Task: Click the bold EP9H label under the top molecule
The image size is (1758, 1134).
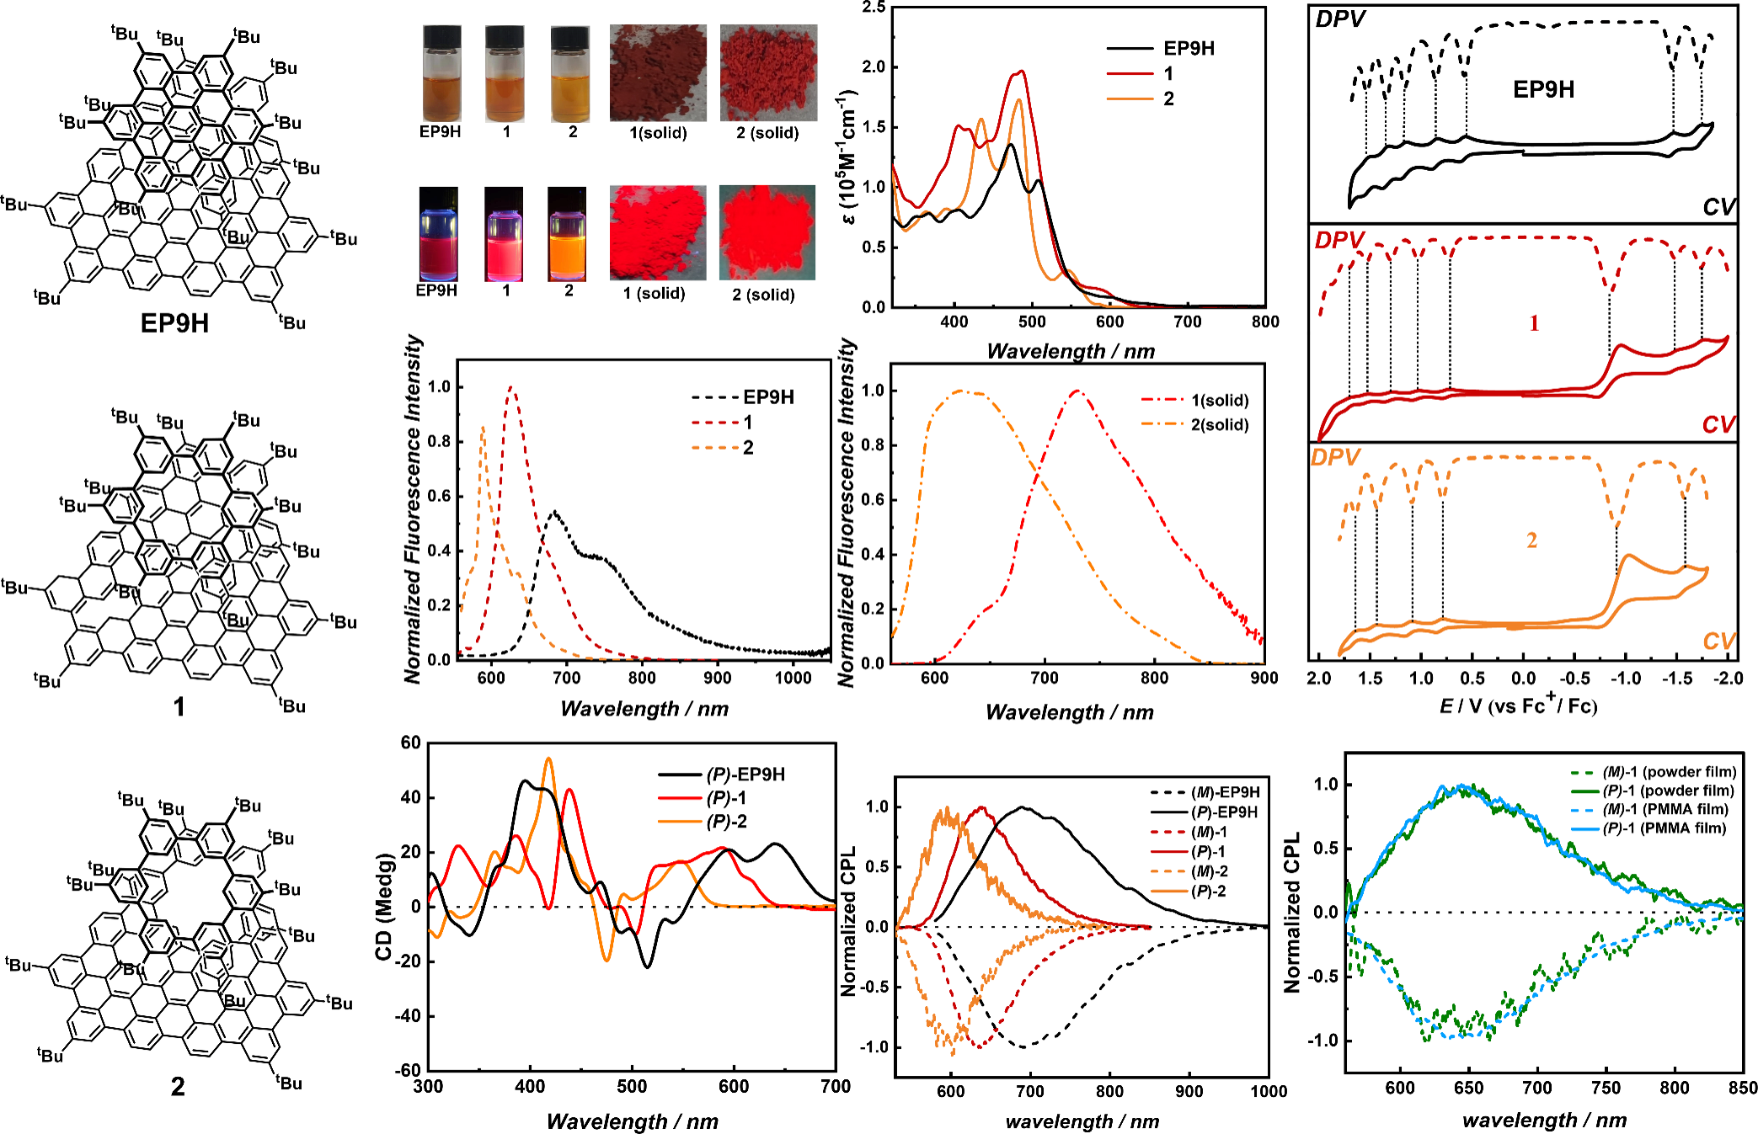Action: point(174,323)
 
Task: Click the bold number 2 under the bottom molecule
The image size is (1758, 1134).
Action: point(178,1087)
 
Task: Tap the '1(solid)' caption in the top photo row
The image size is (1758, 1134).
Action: point(658,133)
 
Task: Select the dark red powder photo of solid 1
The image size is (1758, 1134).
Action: point(658,72)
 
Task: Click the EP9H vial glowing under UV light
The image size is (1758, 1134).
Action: point(438,234)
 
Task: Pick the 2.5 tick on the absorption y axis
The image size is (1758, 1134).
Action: point(874,8)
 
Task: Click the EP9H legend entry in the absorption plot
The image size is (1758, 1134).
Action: point(1189,49)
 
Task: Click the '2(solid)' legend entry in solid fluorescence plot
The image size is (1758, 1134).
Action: point(1219,424)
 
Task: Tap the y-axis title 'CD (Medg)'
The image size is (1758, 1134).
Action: point(384,907)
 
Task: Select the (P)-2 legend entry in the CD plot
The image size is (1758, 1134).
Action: point(726,822)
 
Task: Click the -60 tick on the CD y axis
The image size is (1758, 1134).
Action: point(410,1070)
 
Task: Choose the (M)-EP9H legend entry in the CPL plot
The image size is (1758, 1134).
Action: point(1225,792)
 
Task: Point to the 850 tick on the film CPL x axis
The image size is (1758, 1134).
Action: point(1742,1088)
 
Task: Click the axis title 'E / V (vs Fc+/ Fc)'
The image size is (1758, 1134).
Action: point(1518,705)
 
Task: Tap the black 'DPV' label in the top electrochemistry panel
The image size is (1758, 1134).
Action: point(1339,19)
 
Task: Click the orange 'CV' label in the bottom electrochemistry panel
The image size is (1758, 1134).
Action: point(1718,642)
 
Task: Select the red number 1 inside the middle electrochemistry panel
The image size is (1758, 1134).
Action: point(1534,323)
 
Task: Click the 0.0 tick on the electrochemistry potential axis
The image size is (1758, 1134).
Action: point(1523,679)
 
